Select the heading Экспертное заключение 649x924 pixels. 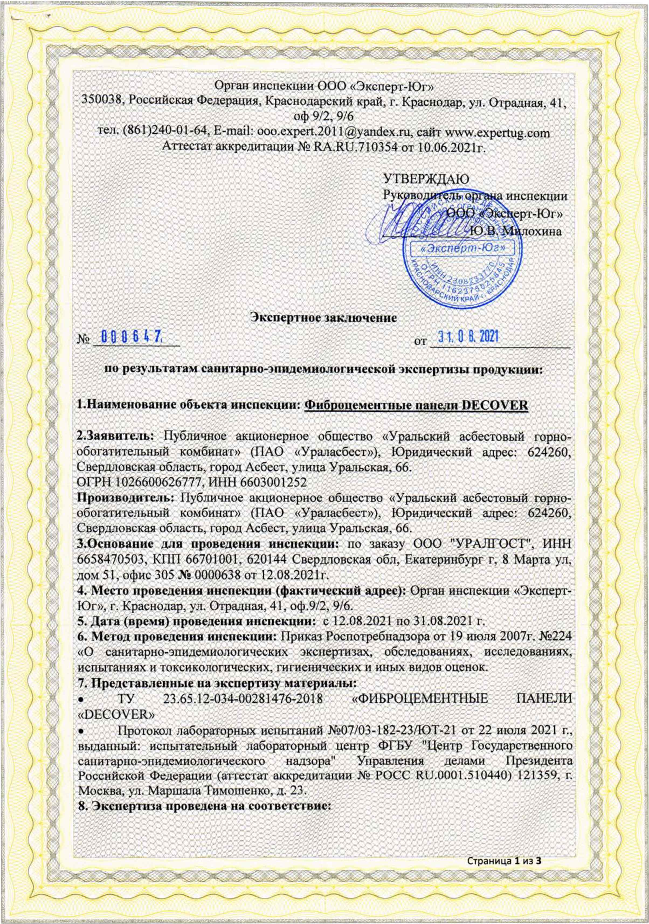pos(324,317)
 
